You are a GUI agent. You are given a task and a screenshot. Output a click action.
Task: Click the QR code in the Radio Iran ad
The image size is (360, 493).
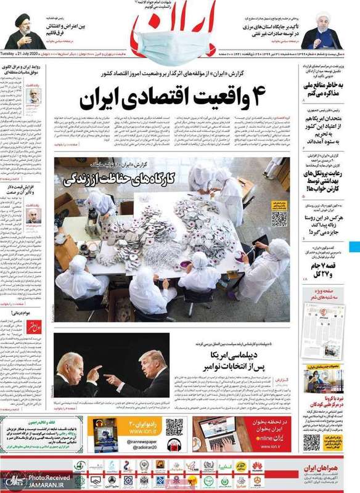(x=174, y=426)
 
